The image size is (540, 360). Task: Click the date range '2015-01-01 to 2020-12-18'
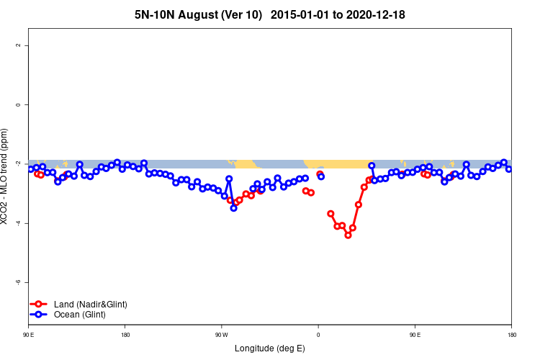(342, 14)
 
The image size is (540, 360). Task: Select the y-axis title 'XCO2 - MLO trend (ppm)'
(6, 176)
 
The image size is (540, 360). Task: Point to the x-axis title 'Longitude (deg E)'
(270, 348)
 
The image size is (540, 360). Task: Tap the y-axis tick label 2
(18, 45)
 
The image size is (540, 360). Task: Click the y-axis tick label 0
(18, 104)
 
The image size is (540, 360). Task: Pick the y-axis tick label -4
(18, 223)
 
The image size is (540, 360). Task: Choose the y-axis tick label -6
(18, 282)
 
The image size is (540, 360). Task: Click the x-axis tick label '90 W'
(221, 335)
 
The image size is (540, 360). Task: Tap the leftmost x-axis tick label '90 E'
(29, 335)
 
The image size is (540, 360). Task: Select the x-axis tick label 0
(318, 335)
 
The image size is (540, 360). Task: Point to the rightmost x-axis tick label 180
(511, 335)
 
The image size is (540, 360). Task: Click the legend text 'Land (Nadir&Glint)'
(90, 304)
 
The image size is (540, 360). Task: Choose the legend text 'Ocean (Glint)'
(80, 315)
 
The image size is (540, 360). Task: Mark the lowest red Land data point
(348, 235)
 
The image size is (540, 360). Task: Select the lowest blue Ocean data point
(233, 208)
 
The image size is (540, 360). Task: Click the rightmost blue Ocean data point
(508, 168)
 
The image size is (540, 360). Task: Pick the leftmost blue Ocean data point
(30, 169)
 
